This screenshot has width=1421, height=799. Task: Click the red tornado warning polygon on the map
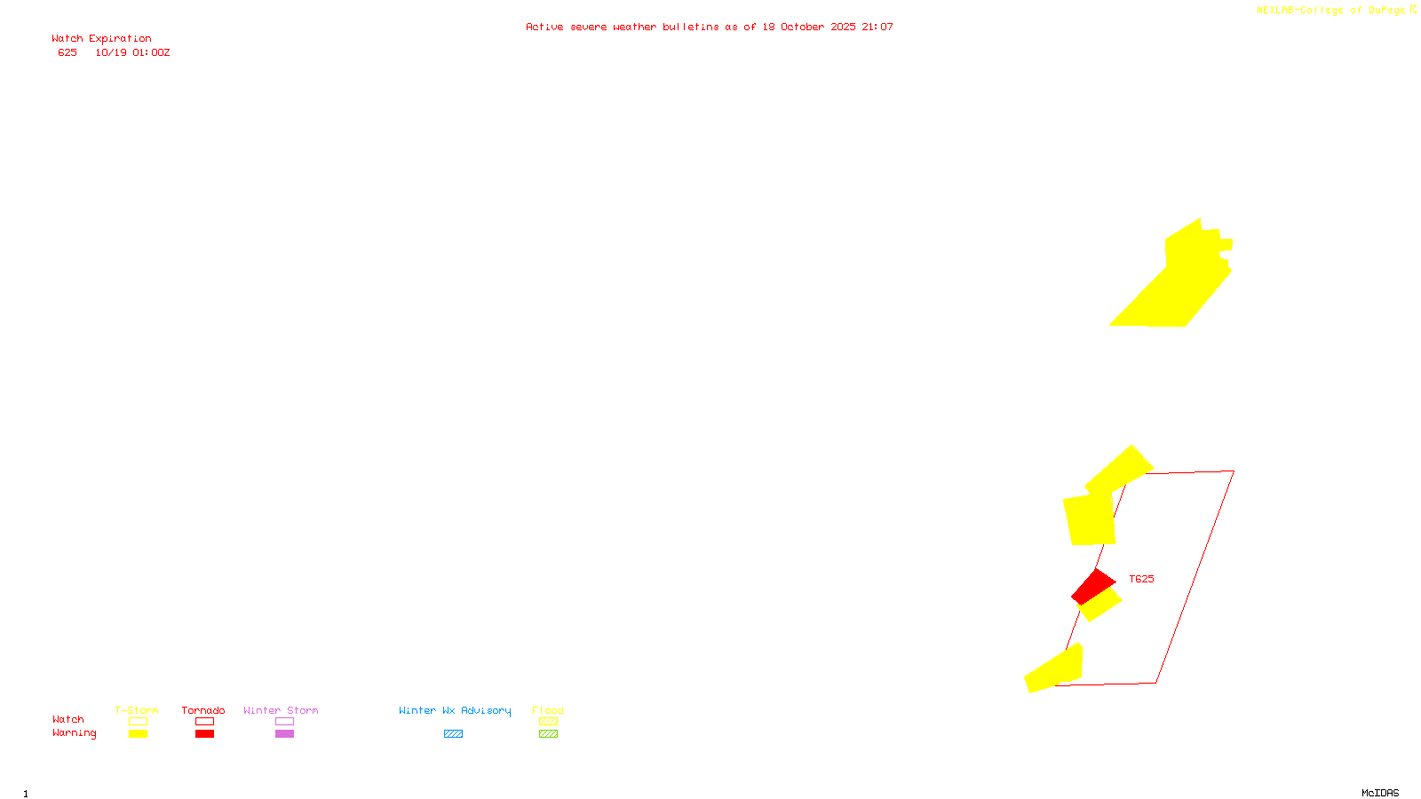point(1093,586)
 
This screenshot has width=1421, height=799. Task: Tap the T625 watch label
point(1141,579)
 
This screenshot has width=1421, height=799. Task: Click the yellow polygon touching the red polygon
point(1100,605)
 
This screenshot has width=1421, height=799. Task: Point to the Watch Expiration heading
point(101,39)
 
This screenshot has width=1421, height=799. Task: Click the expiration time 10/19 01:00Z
point(132,53)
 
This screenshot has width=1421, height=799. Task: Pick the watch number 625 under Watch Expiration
point(67,53)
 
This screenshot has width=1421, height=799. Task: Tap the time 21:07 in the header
point(877,28)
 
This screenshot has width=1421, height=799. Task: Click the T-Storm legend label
point(137,710)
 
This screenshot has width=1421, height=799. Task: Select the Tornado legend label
point(203,710)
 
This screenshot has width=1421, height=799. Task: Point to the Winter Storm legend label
point(281,710)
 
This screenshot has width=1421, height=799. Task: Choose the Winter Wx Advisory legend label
point(455,710)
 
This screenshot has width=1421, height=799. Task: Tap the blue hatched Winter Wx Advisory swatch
point(453,734)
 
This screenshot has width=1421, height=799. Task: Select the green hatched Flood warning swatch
point(548,734)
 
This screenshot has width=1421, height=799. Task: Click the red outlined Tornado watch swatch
point(204,722)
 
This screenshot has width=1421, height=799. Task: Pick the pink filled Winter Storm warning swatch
point(284,734)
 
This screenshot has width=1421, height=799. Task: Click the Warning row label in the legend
point(74,733)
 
